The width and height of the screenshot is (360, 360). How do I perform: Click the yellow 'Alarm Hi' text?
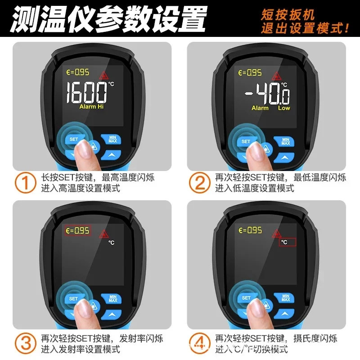point(94,107)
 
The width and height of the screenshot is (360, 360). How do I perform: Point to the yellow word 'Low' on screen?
point(284,108)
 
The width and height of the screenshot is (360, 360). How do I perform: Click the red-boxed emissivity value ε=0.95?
point(77,231)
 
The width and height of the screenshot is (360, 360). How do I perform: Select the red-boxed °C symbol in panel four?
point(288,242)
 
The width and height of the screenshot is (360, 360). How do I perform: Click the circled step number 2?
point(199,183)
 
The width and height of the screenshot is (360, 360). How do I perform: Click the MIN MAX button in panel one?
point(112,139)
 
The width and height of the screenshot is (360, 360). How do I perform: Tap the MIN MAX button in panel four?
point(285,298)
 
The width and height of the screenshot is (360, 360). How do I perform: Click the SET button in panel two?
point(246,141)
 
